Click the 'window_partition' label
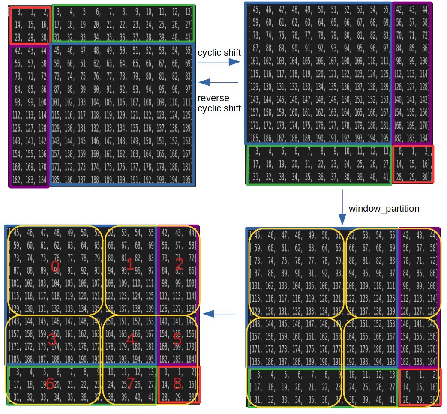[384, 209]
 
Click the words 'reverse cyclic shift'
[219, 103]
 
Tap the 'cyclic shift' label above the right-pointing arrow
[219, 53]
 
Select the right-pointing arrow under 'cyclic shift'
[219, 62]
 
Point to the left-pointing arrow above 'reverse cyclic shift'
[219, 82]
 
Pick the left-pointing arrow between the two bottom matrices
[219, 314]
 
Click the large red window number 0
[55, 267]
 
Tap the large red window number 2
[179, 264]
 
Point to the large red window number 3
[52, 339]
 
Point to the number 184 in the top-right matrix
[423, 138]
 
